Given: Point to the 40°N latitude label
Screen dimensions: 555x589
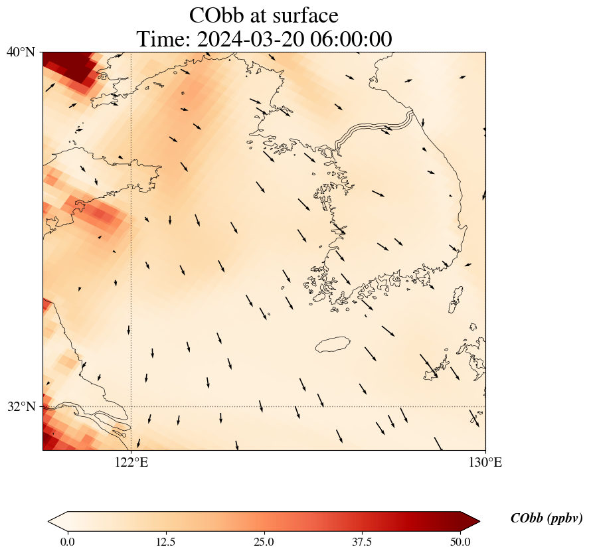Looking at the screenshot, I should pos(21,52).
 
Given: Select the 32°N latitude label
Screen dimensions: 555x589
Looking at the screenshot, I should pos(21,406).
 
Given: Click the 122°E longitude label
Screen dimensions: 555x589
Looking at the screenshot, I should pos(131,463).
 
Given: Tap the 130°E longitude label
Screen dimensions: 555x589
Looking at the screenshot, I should pos(485,463).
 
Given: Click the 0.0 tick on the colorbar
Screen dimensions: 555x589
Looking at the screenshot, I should pos(67,542).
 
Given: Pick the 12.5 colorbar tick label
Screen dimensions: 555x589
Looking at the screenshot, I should pos(165,542).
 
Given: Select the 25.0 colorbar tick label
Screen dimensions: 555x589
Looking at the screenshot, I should pos(264,542).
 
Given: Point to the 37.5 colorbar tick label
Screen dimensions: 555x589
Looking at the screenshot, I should pos(363,542).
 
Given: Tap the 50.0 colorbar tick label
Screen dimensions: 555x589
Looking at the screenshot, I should pos(460,542).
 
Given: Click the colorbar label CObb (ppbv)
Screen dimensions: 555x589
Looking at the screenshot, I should pos(547,519).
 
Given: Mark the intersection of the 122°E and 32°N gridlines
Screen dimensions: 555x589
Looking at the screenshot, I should pos(131,406).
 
